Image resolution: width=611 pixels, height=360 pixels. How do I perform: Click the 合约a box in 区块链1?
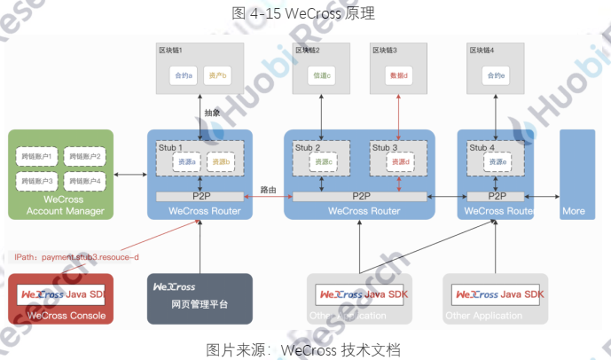[x=184, y=75]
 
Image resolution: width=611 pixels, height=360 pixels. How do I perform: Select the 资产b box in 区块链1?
[x=218, y=75]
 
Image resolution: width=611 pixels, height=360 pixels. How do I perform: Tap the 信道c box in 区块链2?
[x=322, y=75]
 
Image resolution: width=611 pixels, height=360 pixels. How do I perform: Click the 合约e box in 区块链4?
[x=496, y=75]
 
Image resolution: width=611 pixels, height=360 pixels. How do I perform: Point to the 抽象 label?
[x=213, y=113]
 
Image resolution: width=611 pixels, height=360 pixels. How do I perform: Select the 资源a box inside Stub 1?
[x=185, y=162]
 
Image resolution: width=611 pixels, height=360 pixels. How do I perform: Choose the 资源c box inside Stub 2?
[x=322, y=162]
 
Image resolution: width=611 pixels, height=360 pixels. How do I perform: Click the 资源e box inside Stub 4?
[x=497, y=162]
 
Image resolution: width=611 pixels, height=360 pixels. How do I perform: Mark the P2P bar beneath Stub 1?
[x=200, y=196]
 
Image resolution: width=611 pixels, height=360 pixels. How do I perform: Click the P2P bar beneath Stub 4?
[x=497, y=196]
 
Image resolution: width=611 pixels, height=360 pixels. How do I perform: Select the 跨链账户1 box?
[x=36, y=156]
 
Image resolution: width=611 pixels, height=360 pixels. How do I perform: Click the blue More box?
[x=574, y=173]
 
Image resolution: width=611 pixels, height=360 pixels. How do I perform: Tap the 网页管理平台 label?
[x=200, y=304]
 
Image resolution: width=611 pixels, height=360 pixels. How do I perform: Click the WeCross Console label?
[x=67, y=316]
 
